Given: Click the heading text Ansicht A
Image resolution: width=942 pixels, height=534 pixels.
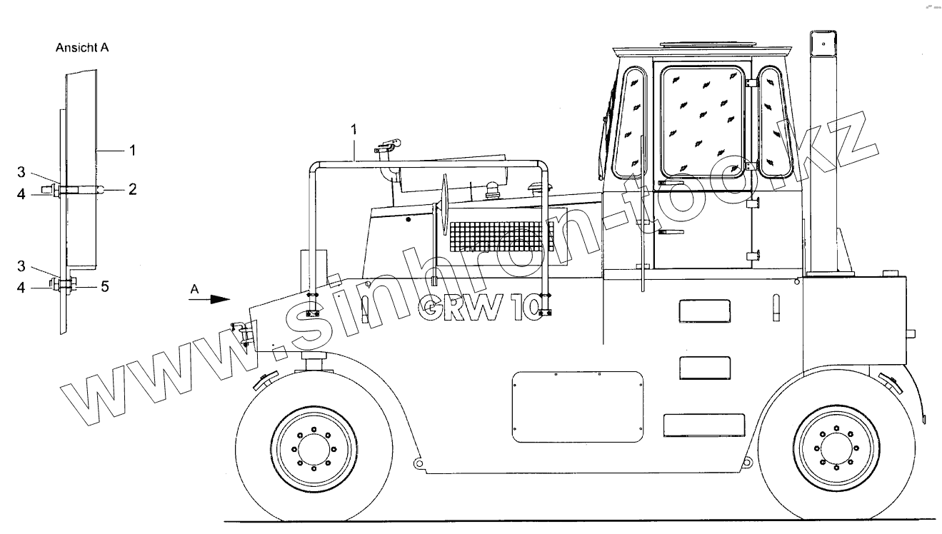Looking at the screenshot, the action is coord(82,49).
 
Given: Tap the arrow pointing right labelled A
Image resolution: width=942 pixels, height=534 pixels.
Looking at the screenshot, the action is coord(210,301).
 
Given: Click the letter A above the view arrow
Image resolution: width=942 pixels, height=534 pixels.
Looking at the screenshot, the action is coord(194,289).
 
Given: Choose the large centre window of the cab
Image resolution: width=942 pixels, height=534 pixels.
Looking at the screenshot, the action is coord(703,121).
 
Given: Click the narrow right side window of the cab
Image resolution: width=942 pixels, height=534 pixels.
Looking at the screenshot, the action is coord(775,121).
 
